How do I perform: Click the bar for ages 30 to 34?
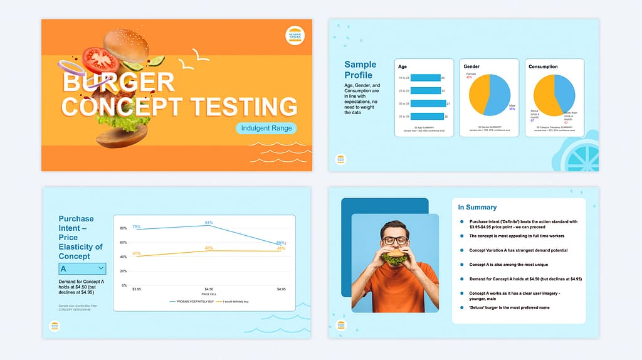[x=422, y=103]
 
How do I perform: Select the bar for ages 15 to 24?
[x=419, y=78]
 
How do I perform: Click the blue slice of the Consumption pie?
[x=565, y=91]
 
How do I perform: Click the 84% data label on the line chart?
[x=209, y=223]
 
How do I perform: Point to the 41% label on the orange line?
[x=136, y=254]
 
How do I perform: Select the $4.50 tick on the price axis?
[x=208, y=289]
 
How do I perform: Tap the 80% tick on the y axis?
[x=123, y=228]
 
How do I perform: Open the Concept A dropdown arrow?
[x=101, y=268]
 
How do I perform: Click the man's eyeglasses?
[x=395, y=241]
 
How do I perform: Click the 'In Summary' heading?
[x=477, y=207]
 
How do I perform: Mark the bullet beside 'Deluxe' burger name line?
[x=462, y=308]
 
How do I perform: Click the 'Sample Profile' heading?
[x=360, y=70]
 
